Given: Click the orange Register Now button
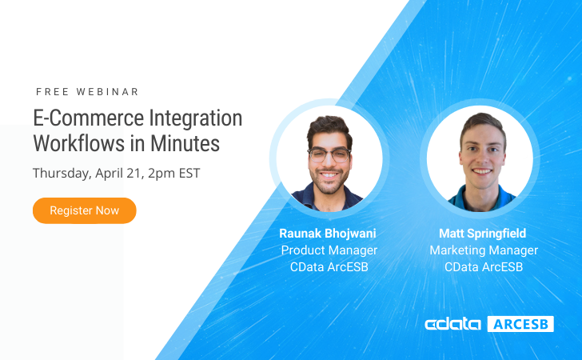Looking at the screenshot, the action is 85,210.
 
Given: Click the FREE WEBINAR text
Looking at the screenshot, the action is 87,92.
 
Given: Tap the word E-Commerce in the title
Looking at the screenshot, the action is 89,118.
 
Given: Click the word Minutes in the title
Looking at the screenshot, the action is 185,143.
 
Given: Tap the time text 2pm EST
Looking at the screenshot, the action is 174,174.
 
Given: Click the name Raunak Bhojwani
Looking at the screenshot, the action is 328,234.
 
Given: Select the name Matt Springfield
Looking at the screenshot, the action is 483,234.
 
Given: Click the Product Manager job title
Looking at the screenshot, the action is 329,250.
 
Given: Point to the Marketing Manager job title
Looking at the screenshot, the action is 484,250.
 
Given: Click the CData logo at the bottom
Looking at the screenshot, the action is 452,324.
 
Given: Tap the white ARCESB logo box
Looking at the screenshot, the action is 520,324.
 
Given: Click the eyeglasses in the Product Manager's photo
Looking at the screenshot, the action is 329,154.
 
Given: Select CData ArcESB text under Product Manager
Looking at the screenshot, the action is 329,267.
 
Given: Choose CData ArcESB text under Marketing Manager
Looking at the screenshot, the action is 484,267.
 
